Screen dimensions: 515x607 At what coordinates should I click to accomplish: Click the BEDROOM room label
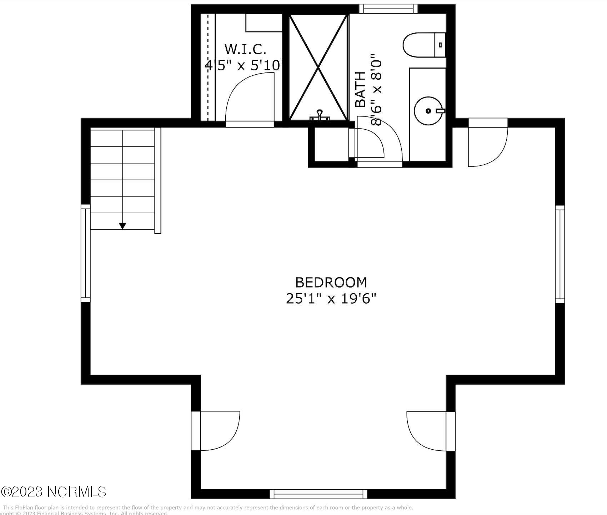tap(331, 282)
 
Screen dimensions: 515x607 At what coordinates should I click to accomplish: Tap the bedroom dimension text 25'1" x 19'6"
tap(331, 299)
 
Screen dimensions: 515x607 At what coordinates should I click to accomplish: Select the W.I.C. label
tap(245, 49)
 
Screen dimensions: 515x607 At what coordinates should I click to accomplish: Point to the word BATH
tap(361, 89)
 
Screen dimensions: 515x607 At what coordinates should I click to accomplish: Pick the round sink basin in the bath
tap(428, 111)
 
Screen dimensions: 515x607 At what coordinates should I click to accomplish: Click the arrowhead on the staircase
tap(122, 226)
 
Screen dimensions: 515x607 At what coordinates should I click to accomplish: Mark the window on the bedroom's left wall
tap(85, 253)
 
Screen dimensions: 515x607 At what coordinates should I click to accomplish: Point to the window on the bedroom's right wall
tap(560, 254)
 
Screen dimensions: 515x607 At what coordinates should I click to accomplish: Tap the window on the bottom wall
tap(318, 494)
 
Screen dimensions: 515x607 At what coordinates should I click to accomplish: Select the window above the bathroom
tap(388, 9)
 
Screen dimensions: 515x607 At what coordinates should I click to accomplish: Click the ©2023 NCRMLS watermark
tap(54, 492)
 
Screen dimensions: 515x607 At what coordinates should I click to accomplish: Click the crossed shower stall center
tap(318, 67)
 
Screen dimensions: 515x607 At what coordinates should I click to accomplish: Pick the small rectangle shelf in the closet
tap(264, 23)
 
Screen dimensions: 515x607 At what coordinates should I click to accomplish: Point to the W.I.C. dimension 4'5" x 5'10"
tap(245, 65)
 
